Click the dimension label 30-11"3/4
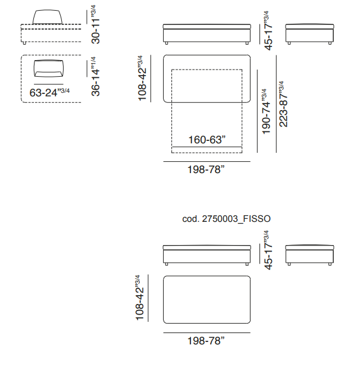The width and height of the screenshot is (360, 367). pos(96,24)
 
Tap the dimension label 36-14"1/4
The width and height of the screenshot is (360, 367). pos(96,76)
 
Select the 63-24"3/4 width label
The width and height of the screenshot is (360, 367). pos(49,92)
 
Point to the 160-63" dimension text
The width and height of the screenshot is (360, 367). pos(207,140)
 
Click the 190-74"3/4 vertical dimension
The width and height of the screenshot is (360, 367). pos(266,111)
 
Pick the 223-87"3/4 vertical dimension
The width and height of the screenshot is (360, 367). pos(283,104)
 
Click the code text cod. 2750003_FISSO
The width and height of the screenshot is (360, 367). pos(226,219)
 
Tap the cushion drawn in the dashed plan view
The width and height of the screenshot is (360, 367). pos(49,68)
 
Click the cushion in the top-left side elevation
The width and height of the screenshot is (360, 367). pos(48,17)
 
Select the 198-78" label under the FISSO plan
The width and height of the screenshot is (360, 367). pos(206,341)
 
